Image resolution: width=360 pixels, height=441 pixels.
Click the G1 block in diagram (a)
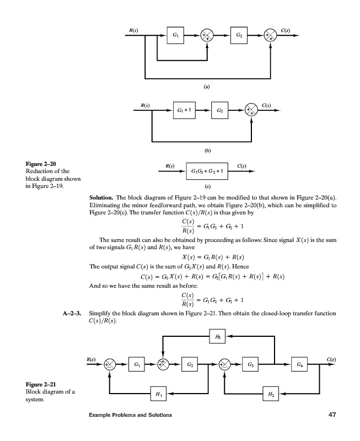point(175,36)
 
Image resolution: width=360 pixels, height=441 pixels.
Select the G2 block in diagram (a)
point(238,36)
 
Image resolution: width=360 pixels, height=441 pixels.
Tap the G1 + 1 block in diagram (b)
point(185,110)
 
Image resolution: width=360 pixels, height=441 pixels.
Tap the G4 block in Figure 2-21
point(298,364)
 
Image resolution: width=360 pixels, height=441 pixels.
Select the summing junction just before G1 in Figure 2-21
point(110,364)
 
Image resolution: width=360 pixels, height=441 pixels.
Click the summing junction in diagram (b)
point(251,110)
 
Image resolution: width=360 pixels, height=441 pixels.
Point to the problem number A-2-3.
point(73,313)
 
